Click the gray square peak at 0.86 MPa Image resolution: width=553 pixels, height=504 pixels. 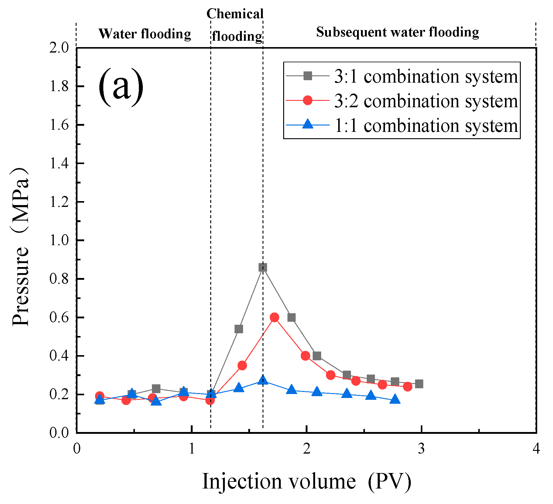(263, 267)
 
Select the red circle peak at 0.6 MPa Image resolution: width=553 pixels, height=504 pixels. (274, 317)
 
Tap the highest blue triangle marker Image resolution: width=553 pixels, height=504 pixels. (263, 380)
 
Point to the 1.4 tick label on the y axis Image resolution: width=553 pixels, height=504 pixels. (60, 163)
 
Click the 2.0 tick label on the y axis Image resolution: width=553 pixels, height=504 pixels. (60, 48)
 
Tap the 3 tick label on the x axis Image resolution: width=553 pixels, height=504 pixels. (421, 448)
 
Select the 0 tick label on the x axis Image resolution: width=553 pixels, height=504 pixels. (77, 448)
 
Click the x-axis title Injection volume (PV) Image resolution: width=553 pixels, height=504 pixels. (307, 482)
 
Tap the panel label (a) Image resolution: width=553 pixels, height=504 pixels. (121, 87)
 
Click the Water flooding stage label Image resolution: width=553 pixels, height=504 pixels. (145, 34)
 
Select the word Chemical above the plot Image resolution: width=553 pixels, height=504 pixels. (235, 14)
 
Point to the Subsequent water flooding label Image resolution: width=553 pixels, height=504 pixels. (397, 32)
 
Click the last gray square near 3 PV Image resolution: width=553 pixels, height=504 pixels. (419, 384)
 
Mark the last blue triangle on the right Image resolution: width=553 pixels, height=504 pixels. (395, 399)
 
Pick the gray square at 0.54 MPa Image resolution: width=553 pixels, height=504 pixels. (239, 329)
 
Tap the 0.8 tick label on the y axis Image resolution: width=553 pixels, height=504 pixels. (60, 279)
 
